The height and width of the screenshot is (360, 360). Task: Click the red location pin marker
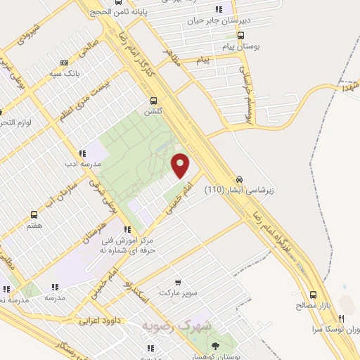181,165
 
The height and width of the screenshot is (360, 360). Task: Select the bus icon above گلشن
153,100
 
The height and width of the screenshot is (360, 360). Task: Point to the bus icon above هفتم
34,215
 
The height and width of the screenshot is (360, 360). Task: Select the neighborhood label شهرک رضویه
172,327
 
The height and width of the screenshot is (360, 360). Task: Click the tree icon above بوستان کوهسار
214,345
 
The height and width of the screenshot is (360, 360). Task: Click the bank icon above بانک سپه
64,63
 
